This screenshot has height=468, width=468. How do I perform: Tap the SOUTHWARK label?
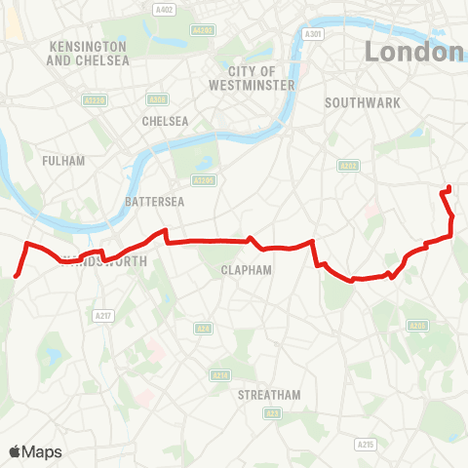point(357,101)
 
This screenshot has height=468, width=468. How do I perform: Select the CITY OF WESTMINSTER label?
point(252,78)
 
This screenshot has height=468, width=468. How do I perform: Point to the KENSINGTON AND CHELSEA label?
point(88,53)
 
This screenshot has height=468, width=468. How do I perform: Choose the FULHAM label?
point(64,161)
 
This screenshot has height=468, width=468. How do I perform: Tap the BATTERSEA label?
point(149,202)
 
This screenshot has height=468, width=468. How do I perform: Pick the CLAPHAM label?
point(246,270)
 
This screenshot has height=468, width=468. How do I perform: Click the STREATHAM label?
point(269,395)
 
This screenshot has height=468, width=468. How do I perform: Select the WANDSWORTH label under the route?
point(103,261)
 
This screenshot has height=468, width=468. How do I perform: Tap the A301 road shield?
point(312,34)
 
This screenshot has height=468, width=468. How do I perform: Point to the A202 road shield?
point(348,167)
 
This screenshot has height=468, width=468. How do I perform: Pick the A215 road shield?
point(366,444)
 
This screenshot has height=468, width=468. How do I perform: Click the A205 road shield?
point(418,325)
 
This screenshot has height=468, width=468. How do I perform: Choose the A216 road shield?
point(221,374)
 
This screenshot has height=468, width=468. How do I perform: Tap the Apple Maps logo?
point(35,451)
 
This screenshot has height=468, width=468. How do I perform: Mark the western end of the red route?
point(16,276)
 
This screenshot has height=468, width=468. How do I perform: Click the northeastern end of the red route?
point(448,187)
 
